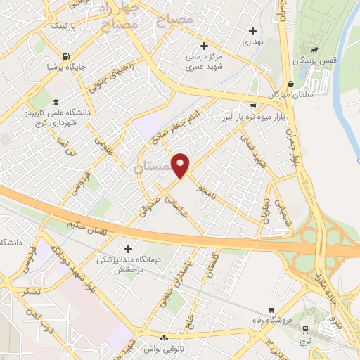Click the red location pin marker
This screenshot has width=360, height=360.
coord(181,165)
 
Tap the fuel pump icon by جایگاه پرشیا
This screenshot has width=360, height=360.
coord(65,56)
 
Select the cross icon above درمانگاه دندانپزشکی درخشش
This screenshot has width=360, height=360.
coord(127,249)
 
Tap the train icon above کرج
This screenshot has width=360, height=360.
coord(305,328)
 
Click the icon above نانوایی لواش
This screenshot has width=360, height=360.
coord(163,337)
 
